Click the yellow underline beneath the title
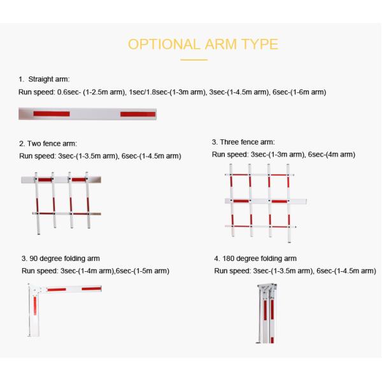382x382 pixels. pyautogui.click(x=194, y=59)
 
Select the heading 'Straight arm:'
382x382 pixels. pyautogui.click(x=49, y=79)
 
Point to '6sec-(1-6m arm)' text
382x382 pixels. pyautogui.click(x=299, y=92)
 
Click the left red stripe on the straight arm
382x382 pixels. pyautogui.click(x=52, y=114)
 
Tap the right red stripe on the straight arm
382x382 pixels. pyautogui.click(x=138, y=114)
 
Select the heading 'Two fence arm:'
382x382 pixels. pyautogui.click(x=52, y=143)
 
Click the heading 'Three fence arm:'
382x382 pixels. pyautogui.click(x=247, y=142)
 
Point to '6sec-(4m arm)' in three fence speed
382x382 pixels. pyautogui.click(x=332, y=155)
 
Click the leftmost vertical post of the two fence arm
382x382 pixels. pyautogui.click(x=37, y=204)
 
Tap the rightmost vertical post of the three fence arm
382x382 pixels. pyautogui.click(x=288, y=204)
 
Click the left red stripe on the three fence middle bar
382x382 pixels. pyautogui.click(x=241, y=201)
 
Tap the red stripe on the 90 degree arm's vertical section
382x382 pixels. pyautogui.click(x=35, y=306)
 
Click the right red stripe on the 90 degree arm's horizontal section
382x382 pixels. pyautogui.click(x=91, y=288)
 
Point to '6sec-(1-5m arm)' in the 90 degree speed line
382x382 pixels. pyautogui.click(x=143, y=271)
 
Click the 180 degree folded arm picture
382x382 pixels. pyautogui.click(x=266, y=313)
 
